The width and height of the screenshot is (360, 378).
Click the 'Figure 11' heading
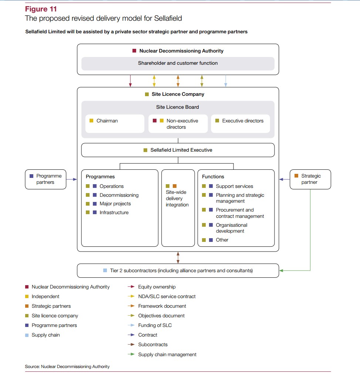click(41, 9)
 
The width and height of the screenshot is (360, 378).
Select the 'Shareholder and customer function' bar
click(178, 63)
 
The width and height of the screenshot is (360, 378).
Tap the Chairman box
click(115, 124)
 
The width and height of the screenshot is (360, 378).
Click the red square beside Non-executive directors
click(155, 121)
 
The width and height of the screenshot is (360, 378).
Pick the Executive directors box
click(240, 124)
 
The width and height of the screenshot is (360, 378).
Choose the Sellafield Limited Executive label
click(181, 150)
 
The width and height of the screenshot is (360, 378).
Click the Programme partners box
click(46, 179)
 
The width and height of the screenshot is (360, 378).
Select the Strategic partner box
click(310, 179)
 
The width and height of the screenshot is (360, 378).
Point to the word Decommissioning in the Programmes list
click(119, 195)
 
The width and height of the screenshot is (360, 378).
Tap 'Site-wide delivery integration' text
click(177, 198)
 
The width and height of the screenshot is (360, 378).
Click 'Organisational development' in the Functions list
click(232, 228)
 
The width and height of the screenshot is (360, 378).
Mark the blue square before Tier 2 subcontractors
click(105, 270)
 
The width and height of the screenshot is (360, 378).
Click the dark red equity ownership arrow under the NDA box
click(131, 81)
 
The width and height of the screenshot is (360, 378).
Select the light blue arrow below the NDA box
click(226, 81)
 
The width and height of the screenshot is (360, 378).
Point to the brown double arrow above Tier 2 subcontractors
click(178, 258)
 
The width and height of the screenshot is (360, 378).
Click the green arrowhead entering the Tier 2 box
click(281, 270)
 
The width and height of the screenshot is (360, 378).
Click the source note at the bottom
click(67, 367)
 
